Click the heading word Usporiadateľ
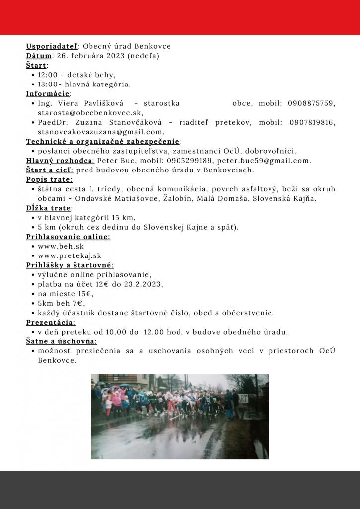pos(51,46)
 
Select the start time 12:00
pos(48,75)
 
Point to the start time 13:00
pos(48,84)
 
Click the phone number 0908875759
pos(311,103)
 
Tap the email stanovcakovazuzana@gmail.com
pos(100,132)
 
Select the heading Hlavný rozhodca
pos(60,161)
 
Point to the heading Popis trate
pos(49,179)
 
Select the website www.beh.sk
pos(60,246)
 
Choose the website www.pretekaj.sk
pos(69,255)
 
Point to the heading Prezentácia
pos(51,322)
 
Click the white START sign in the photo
pos(242,398)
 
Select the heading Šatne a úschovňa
pos(62,341)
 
